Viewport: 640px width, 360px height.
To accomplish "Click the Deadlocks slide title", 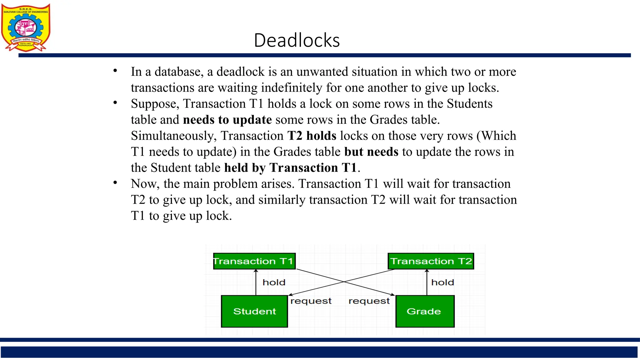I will point(297,40).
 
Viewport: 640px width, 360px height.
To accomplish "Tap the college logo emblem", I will point(25,27).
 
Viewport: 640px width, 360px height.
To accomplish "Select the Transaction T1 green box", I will point(254,261).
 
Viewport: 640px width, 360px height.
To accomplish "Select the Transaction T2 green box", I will point(431,261).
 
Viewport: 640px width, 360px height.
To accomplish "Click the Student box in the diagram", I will point(254,311).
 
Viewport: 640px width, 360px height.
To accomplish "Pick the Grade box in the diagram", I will point(425,311).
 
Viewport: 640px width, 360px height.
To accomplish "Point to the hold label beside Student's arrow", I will point(274,282).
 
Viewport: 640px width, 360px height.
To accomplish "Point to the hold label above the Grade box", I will point(442,282).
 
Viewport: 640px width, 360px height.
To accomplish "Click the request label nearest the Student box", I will point(311,301).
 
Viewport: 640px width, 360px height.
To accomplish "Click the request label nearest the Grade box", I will point(369,301).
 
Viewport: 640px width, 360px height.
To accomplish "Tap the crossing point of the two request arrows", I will point(344,282).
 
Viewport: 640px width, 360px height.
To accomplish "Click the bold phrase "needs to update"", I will point(227,120).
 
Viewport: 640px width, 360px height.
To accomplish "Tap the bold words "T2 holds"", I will point(312,136).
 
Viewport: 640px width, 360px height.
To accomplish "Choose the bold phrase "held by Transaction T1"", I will point(290,168).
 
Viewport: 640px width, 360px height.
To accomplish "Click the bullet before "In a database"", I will point(115,71).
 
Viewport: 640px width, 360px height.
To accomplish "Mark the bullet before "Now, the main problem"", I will point(115,182).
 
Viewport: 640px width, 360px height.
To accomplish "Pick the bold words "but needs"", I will point(371,152).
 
